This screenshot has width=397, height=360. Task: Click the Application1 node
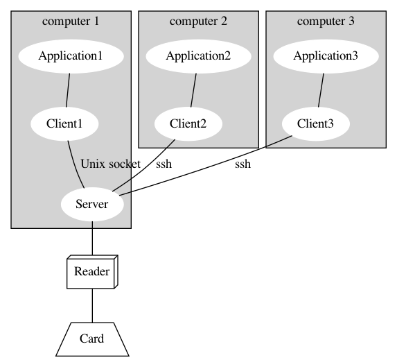pyautogui.click(x=71, y=56)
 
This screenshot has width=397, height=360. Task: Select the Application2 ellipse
pyautogui.click(x=198, y=56)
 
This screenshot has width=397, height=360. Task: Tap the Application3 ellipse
pyautogui.click(x=326, y=56)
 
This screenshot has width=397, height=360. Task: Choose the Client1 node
pyautogui.click(x=64, y=123)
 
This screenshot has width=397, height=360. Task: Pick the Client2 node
pyautogui.click(x=188, y=123)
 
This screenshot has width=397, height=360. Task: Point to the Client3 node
pyautogui.click(x=316, y=123)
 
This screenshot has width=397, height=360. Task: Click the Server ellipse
pyautogui.click(x=92, y=205)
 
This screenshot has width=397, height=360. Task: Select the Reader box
pyautogui.click(x=92, y=272)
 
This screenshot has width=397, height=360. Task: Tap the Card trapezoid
pyautogui.click(x=92, y=339)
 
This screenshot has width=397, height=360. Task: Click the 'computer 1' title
pyautogui.click(x=71, y=22)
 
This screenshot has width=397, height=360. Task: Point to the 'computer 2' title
pyautogui.click(x=198, y=22)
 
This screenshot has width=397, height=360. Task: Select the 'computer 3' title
pyautogui.click(x=326, y=22)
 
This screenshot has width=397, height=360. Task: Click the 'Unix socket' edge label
pyautogui.click(x=110, y=164)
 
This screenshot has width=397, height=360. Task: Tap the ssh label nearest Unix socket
pyautogui.click(x=164, y=164)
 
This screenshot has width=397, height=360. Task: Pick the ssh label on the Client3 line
pyautogui.click(x=242, y=164)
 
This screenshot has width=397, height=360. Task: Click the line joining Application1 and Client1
pyautogui.click(x=68, y=90)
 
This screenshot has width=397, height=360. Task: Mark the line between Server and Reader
pyautogui.click(x=92, y=239)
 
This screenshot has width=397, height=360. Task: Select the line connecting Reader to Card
pyautogui.click(x=92, y=306)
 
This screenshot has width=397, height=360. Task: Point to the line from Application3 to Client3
pyautogui.click(x=321, y=90)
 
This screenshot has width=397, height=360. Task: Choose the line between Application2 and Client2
pyautogui.click(x=193, y=90)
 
